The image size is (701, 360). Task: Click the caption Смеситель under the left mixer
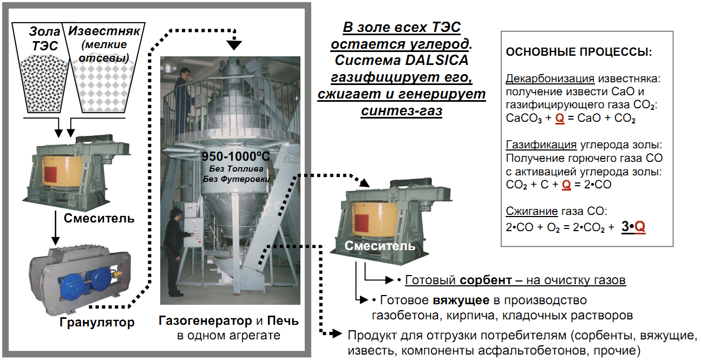click(x=99, y=219)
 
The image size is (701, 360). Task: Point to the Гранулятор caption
click(x=97, y=323)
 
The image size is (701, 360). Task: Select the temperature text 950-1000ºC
click(x=235, y=157)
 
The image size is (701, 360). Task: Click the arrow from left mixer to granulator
click(x=54, y=228)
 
